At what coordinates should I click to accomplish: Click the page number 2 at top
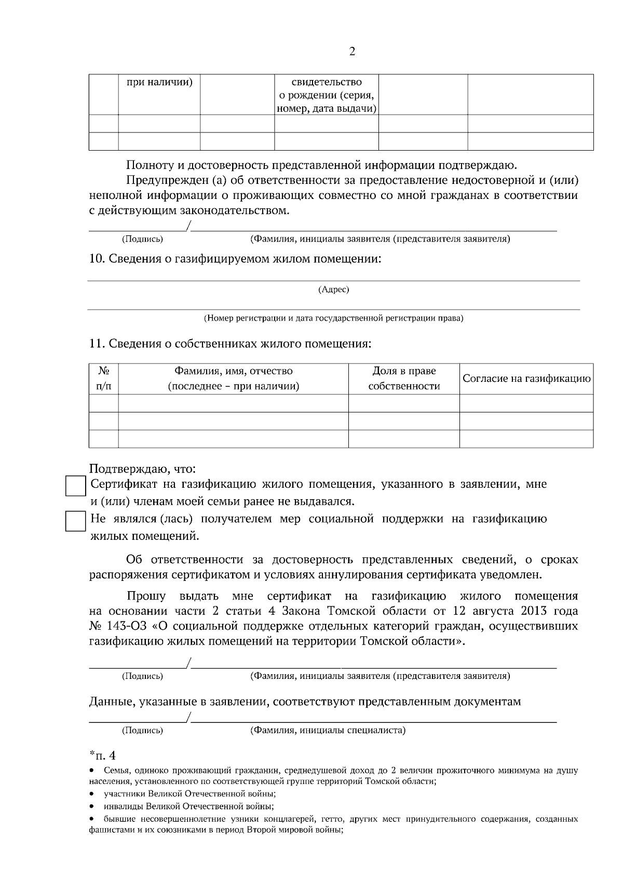[x=353, y=52]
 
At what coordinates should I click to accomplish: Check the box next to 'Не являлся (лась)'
[x=75, y=521]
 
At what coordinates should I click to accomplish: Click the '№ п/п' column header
[x=104, y=379]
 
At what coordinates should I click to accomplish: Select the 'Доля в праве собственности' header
[x=404, y=379]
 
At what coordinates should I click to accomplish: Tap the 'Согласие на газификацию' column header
[x=526, y=379]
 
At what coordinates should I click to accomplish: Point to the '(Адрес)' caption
[x=333, y=290]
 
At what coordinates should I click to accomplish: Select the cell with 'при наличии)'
[x=159, y=83]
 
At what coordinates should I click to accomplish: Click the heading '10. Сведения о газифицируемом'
[x=235, y=259]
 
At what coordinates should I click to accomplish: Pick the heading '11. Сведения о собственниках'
[x=230, y=344]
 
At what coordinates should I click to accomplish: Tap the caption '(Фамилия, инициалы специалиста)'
[x=328, y=730]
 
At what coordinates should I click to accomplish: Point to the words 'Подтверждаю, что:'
[x=142, y=470]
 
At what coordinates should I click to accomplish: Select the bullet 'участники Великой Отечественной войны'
[x=189, y=794]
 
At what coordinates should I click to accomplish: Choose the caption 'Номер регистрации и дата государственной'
[x=333, y=318]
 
